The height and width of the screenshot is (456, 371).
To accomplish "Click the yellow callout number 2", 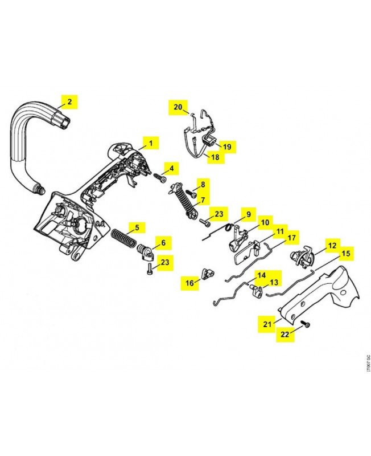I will (69, 102).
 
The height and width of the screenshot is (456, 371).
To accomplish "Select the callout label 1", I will (150, 142).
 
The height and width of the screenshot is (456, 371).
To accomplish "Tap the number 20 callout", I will (178, 107).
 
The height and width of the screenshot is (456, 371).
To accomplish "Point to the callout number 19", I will (226, 147).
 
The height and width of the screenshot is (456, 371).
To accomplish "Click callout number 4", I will (171, 168).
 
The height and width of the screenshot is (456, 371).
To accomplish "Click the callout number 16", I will (189, 282).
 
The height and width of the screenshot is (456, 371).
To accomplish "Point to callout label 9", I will (248, 215).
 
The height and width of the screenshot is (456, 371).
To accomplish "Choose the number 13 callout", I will (274, 282).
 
